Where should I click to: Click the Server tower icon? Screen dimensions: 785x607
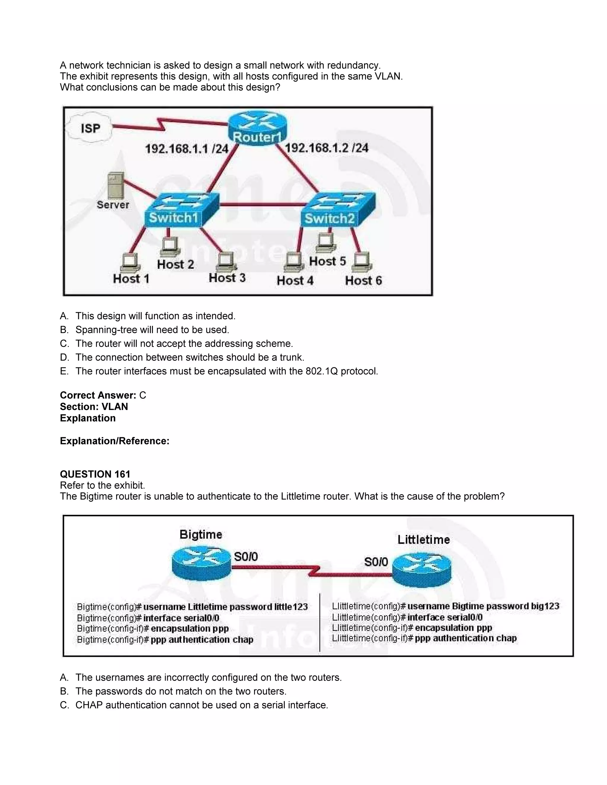tap(116, 185)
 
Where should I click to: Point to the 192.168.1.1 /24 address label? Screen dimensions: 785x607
tap(187, 149)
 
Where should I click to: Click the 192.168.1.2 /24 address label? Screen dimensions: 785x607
tap(327, 148)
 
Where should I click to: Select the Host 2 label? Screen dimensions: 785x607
tap(175, 265)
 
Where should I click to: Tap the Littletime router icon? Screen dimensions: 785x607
tap(421, 570)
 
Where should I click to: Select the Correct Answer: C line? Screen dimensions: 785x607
tap(103, 395)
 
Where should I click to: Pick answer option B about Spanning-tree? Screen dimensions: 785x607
tap(152, 330)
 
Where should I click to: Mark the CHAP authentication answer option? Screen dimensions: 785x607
tap(201, 705)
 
